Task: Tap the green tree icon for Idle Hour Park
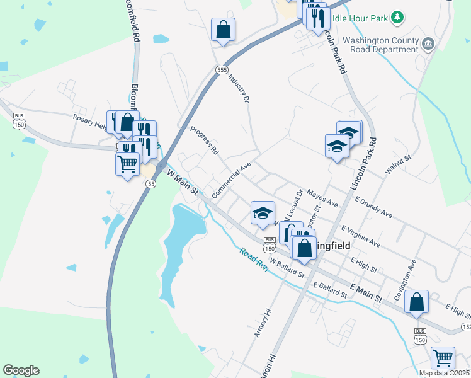pos(397,18)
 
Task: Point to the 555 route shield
pos(220,70)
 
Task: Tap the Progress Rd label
pos(204,141)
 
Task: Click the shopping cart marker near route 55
pos(128,165)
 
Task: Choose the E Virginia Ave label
pos(361,236)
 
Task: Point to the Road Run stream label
pos(254,259)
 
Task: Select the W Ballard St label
pos(287,267)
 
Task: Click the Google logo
pos(21,370)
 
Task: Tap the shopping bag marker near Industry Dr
pos(223,30)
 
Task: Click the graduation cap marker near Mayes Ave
pos(263,213)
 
